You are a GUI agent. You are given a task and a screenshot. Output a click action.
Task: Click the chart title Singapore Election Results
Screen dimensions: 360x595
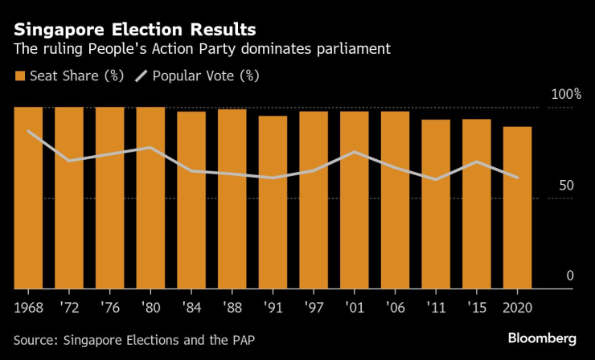pyautogui.click(x=135, y=30)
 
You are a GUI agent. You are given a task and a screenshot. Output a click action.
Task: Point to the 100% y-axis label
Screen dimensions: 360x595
pyautogui.click(x=564, y=95)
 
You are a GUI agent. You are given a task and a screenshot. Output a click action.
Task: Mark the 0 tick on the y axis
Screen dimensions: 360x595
pyautogui.click(x=570, y=276)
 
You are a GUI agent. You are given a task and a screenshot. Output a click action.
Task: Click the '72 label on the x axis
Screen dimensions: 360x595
pyautogui.click(x=68, y=307)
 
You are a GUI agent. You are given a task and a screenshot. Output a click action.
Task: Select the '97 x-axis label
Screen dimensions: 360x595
pyautogui.click(x=313, y=307)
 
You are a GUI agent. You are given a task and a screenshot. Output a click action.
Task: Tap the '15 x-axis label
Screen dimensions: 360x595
pyautogui.click(x=476, y=307)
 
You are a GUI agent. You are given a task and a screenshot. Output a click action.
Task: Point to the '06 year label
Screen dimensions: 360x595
pyautogui.click(x=395, y=307)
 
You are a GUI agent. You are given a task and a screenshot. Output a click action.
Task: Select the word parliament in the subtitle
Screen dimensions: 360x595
pyautogui.click(x=353, y=50)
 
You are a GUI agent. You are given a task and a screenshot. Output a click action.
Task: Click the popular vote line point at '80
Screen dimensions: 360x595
pyautogui.click(x=150, y=147)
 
